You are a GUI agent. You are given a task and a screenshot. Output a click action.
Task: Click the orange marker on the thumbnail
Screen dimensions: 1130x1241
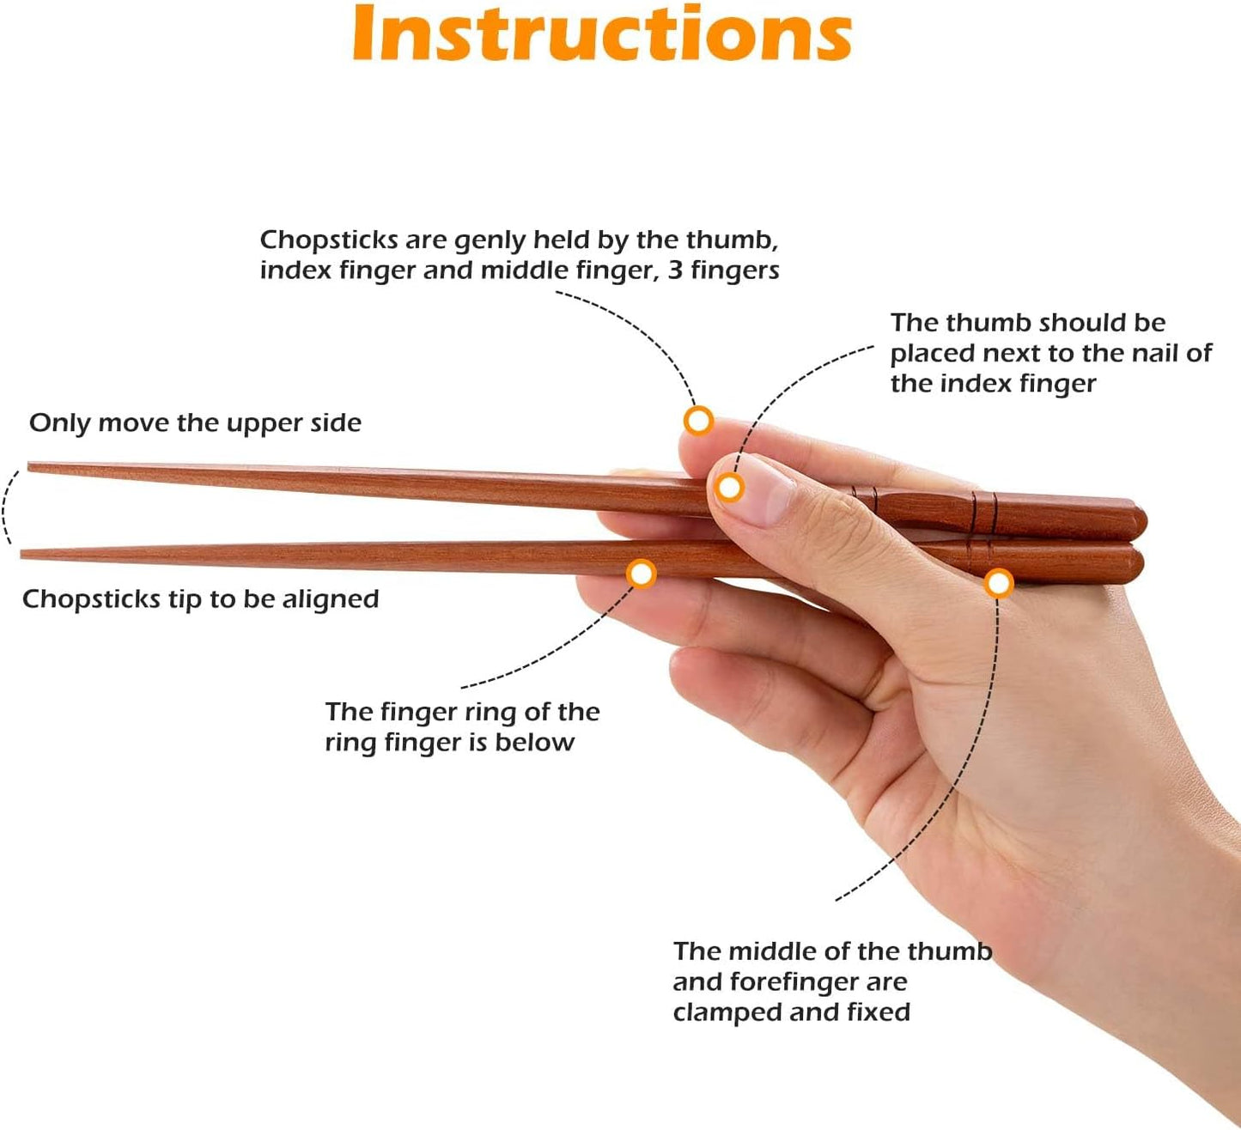click(x=729, y=488)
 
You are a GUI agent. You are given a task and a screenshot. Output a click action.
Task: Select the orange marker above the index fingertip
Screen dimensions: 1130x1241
click(x=698, y=420)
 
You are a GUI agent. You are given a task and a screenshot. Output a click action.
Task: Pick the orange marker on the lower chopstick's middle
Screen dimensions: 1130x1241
click(x=642, y=573)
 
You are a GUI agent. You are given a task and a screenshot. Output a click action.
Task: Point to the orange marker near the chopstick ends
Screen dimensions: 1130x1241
click(x=998, y=584)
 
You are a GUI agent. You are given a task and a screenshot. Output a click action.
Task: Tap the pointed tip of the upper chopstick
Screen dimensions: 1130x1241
click(x=31, y=467)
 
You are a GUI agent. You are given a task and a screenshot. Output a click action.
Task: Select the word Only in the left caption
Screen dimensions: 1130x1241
click(x=59, y=423)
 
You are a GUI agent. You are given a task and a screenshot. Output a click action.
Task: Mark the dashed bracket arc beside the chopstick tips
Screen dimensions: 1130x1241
click(x=7, y=507)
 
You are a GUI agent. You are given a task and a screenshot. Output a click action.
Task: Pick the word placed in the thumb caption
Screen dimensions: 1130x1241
click(x=933, y=354)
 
